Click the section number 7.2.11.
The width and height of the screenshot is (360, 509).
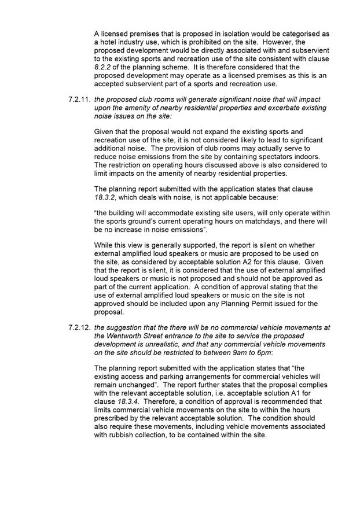click(79, 99)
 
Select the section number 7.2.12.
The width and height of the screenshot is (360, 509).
click(79, 327)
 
